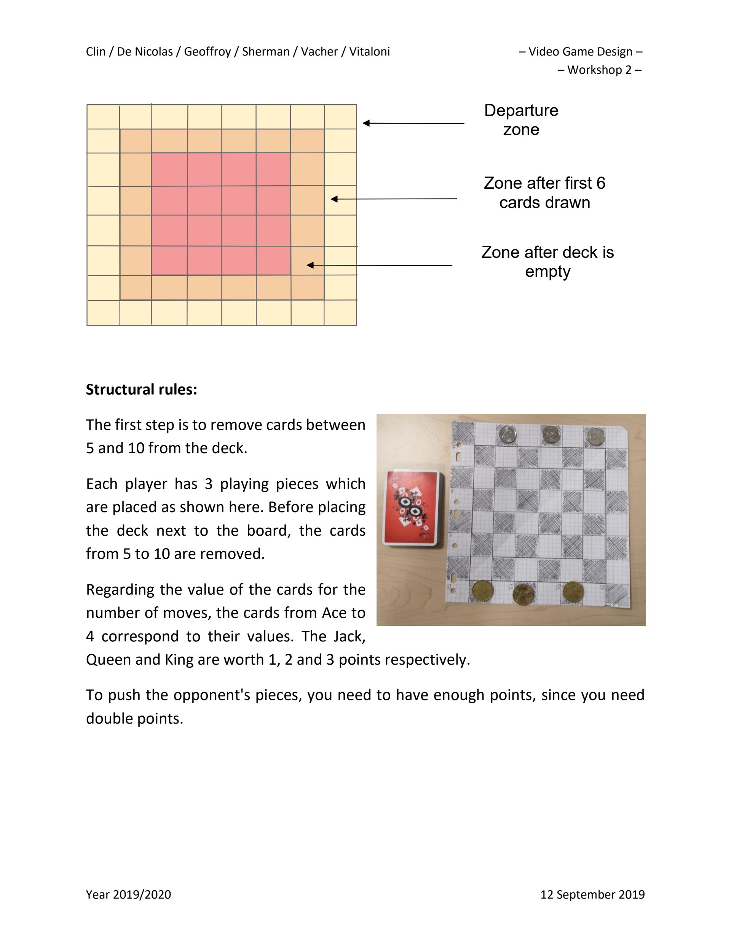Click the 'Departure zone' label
[521, 120]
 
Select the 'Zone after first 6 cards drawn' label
[544, 192]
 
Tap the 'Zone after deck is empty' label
[547, 262]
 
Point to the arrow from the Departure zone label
[413, 123]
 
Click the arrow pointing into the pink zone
[379, 265]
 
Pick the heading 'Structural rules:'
[141, 390]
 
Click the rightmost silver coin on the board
[595, 436]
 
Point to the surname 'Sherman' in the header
[265, 52]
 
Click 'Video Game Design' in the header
[580, 52]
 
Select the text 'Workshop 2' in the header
[599, 70]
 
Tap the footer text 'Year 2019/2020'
[128, 894]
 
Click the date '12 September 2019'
[592, 894]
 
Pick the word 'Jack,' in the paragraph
[349, 636]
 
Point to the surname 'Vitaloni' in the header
[369, 52]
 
